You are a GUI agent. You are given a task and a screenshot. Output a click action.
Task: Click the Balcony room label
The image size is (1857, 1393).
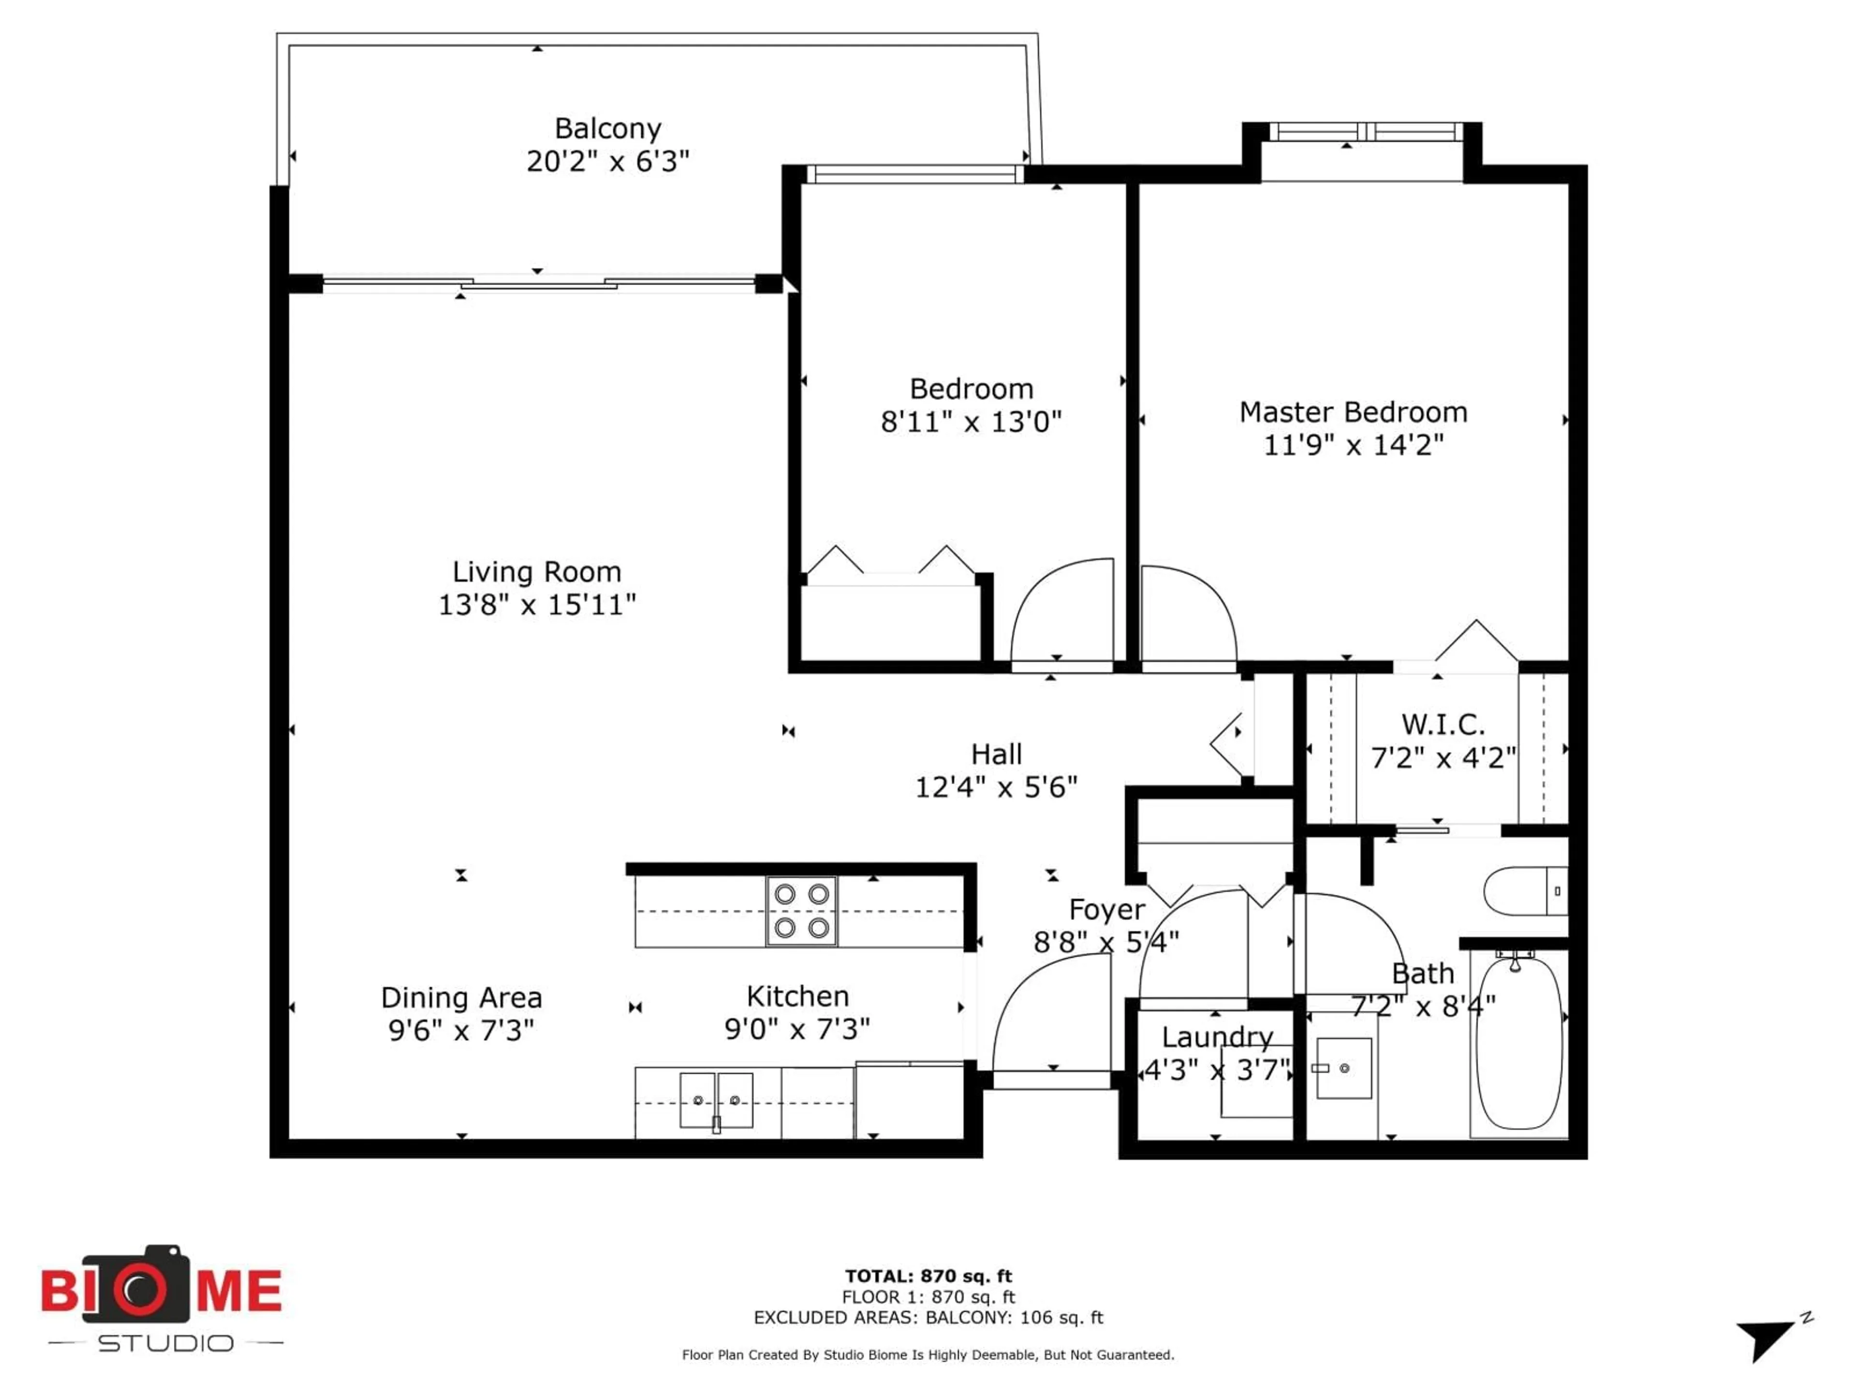pyautogui.click(x=608, y=129)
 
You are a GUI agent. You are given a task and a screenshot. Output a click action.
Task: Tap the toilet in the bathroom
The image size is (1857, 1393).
pyautogui.click(x=1524, y=891)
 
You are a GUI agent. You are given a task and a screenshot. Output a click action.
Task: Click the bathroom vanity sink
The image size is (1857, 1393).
pyautogui.click(x=1343, y=1068)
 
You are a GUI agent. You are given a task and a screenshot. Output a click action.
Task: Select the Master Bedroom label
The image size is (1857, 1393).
pyautogui.click(x=1353, y=412)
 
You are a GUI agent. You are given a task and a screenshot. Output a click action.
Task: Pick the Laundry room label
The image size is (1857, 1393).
pyautogui.click(x=1217, y=1037)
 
